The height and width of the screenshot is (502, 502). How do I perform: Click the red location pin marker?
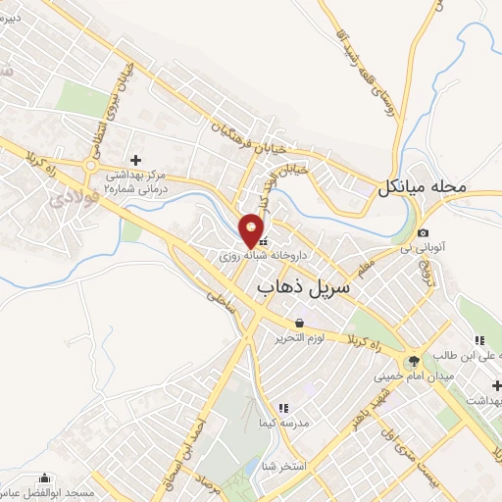(253, 229)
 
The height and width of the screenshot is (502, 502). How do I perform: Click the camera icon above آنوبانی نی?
(423, 233)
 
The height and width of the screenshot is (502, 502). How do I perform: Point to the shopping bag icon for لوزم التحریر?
(298, 323)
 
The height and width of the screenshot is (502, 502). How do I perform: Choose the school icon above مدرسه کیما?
(283, 407)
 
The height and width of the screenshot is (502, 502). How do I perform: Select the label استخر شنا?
(283, 466)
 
